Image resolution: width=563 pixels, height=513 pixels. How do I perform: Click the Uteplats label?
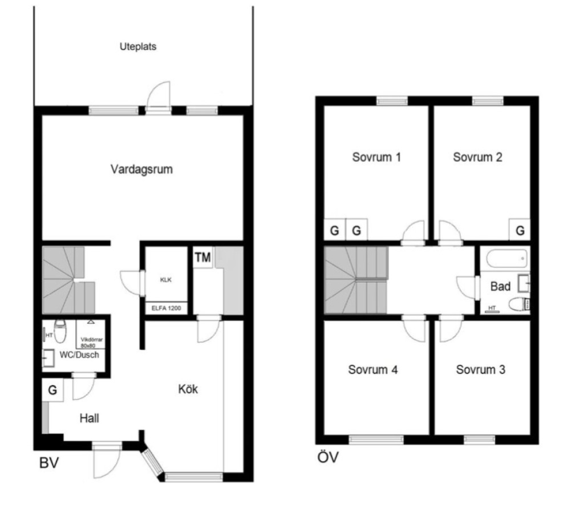[138, 47]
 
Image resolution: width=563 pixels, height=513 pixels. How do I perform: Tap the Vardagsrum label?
[141, 169]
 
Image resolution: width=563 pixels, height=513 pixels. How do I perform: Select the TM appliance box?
[203, 257]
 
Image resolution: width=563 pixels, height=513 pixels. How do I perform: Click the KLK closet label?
[166, 280]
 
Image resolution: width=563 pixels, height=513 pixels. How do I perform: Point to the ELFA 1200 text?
[166, 308]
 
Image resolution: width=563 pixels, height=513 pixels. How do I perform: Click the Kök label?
[188, 389]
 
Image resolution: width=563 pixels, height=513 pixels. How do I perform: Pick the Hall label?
[90, 418]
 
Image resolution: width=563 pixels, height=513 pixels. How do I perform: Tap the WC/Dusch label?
[79, 355]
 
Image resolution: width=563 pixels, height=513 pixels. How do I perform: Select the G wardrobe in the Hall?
[53, 390]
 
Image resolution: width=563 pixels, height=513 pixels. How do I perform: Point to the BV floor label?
[48, 463]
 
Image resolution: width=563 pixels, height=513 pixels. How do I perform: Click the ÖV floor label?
[327, 457]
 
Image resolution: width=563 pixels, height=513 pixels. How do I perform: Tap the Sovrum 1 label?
[376, 157]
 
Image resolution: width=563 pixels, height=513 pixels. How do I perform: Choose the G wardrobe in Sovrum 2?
[520, 230]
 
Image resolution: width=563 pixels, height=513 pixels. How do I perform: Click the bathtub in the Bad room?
[507, 259]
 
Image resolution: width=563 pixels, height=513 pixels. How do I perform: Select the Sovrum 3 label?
[480, 369]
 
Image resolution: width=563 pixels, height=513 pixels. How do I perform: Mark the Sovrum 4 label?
[372, 369]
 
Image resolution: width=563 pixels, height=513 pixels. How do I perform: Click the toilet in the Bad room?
[519, 304]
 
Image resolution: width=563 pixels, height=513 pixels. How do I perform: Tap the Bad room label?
[500, 286]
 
